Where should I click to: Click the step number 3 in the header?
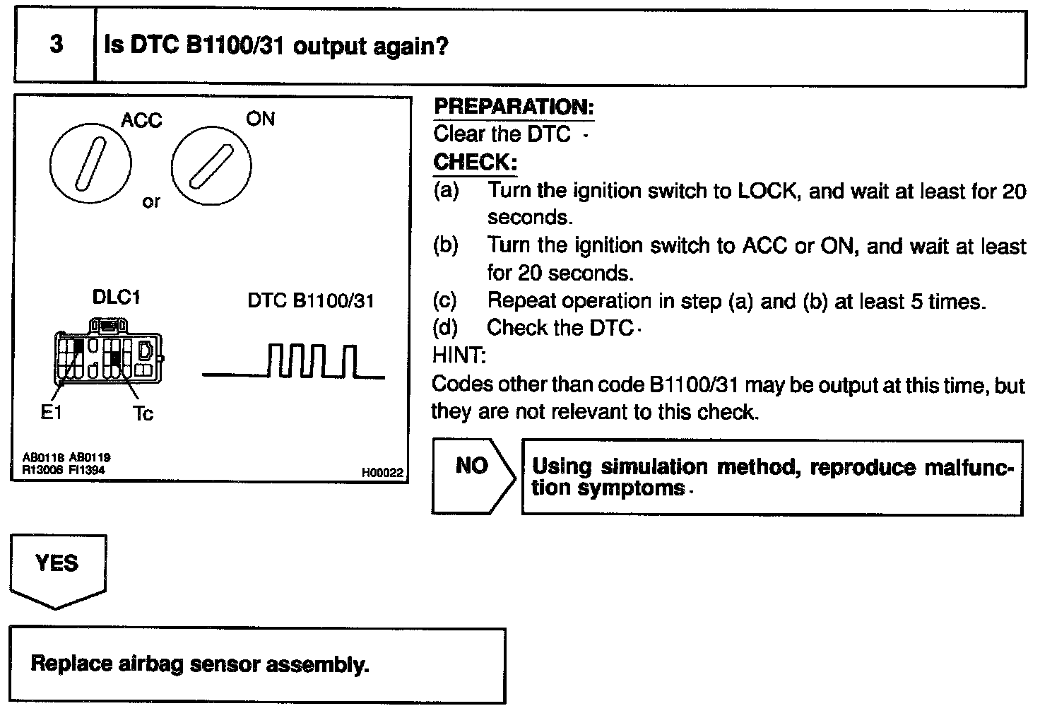point(56,45)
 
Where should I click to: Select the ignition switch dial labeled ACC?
point(90,165)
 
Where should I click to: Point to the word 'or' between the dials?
point(151,202)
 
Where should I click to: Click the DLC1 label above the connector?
point(117,298)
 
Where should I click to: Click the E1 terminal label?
point(51,412)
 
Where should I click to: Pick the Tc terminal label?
point(143,413)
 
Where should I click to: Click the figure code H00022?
point(382,473)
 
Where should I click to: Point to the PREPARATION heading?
point(514,107)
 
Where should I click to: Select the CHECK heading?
point(475,163)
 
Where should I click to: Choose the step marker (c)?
point(444,301)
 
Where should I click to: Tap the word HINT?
point(459,355)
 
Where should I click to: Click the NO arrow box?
point(473,476)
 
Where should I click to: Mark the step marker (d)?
point(444,328)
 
